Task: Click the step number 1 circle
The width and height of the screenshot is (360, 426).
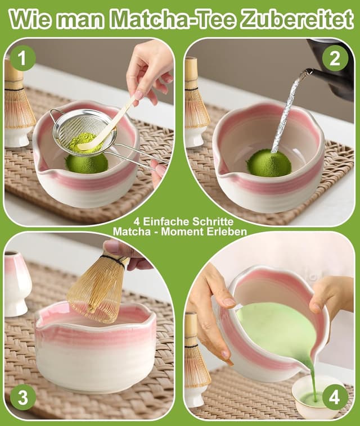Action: pyautogui.click(x=22, y=57)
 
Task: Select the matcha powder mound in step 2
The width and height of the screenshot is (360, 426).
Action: pyautogui.click(x=269, y=162)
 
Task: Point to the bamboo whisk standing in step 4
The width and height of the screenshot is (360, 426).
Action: pyautogui.click(x=196, y=360)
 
